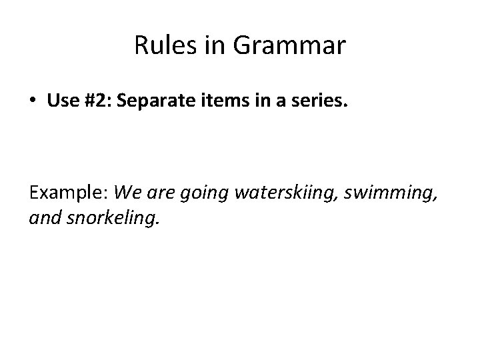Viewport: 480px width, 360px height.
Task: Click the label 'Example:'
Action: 69,194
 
